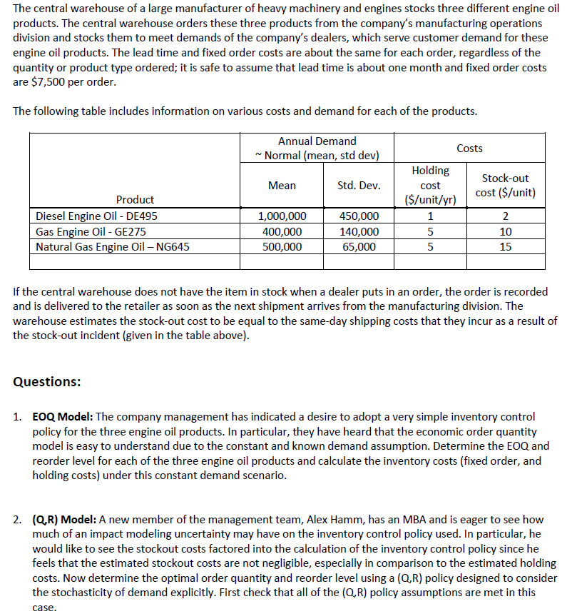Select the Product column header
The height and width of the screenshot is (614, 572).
tap(135, 200)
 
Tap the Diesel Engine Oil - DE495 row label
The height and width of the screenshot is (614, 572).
tap(97, 216)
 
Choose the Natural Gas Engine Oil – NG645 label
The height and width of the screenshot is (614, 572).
tap(113, 247)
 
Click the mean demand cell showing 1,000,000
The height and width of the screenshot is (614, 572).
tap(282, 216)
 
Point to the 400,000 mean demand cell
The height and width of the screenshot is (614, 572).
tap(282, 231)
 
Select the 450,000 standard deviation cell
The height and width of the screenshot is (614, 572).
tap(359, 216)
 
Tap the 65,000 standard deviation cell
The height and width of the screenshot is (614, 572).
tap(359, 247)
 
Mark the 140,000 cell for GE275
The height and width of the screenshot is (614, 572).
tap(359, 231)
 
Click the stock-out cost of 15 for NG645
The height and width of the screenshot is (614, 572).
tap(505, 247)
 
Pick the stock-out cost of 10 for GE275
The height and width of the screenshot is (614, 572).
tap(505, 231)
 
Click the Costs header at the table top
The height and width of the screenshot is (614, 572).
tap(469, 149)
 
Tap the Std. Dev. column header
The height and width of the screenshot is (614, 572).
tap(359, 186)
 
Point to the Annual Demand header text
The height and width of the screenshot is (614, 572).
tap(317, 141)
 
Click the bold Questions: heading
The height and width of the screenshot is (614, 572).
tap(46, 381)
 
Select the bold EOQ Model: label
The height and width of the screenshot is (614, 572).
tap(63, 416)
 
